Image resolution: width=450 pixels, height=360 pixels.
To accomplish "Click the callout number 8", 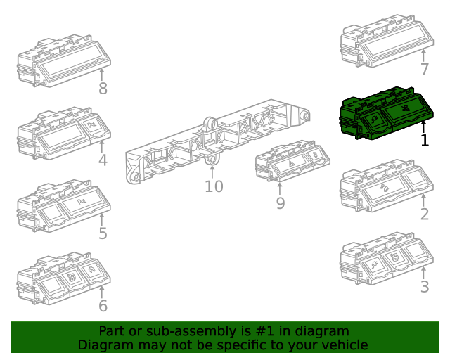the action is click(103, 89).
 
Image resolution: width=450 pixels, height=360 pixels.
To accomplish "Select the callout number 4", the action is click(103, 160).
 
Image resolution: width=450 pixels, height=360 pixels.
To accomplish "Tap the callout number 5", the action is click(103, 233).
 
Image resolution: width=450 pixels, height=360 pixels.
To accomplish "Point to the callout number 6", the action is click(103, 306).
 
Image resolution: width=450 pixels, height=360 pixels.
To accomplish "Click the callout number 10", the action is click(214, 186).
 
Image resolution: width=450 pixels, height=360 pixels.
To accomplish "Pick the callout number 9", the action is click(281, 203).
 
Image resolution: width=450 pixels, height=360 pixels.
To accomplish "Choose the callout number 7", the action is click(425, 69).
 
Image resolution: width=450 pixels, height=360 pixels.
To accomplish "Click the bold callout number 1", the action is click(425, 141).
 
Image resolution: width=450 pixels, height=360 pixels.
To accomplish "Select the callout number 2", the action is click(425, 214).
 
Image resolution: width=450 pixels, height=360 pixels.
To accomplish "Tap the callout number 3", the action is click(425, 287).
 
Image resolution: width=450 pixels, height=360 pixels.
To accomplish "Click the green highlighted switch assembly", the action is click(386, 114).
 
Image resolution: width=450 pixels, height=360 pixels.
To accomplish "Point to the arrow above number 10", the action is click(212, 172).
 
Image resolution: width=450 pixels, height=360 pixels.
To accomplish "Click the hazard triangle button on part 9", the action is click(292, 165).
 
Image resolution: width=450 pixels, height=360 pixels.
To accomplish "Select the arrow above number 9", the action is click(280, 188).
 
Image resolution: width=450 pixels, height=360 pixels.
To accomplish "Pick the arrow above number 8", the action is click(101, 75).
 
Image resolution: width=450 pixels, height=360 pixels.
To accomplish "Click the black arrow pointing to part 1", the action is click(424, 127).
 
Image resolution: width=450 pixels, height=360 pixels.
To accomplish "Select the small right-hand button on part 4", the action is click(94, 125).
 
